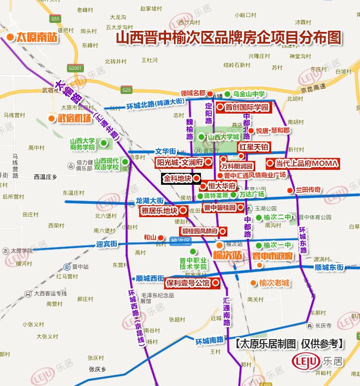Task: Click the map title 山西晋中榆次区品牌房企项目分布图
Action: [x=229, y=38]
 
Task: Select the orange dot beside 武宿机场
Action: [x=51, y=118]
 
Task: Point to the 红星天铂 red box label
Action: [x=254, y=147]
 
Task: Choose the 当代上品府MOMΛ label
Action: [x=304, y=163]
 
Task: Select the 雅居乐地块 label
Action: [x=159, y=210]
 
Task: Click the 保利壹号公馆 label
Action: [x=188, y=283]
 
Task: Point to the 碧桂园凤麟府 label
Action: [x=199, y=231]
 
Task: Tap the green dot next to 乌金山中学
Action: [x=227, y=94]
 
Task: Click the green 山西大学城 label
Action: [x=223, y=137]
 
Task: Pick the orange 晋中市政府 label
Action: [x=272, y=256]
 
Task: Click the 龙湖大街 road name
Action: [x=150, y=200]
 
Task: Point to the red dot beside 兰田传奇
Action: [x=289, y=190]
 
